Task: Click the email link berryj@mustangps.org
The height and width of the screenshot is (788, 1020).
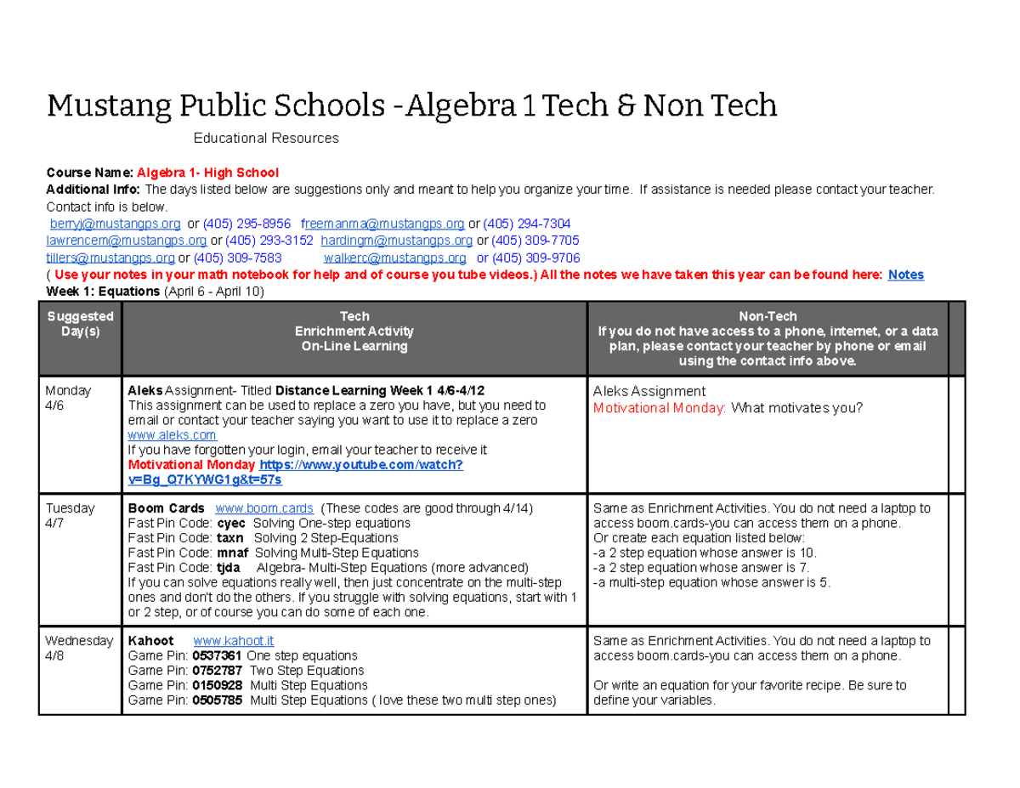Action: [x=115, y=224]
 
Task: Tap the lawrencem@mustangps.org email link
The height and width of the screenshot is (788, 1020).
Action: [x=126, y=241]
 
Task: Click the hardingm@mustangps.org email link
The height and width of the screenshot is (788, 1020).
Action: [x=396, y=241]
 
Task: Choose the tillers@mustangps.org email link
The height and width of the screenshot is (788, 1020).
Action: [x=110, y=258]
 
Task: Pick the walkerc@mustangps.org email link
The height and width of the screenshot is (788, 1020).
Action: [x=394, y=258]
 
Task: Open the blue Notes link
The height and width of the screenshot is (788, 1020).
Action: [x=905, y=275]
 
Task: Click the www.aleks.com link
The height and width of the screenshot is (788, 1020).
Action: [x=171, y=435]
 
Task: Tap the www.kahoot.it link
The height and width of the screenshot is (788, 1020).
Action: [x=234, y=641]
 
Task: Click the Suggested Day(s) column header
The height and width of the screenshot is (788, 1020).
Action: [x=81, y=323]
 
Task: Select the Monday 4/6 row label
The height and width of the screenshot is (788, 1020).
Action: [x=68, y=398]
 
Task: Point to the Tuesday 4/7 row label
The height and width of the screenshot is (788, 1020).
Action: [x=70, y=516]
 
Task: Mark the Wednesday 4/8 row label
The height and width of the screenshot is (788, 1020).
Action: [x=78, y=649]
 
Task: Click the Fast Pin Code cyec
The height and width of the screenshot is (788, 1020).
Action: [x=231, y=524]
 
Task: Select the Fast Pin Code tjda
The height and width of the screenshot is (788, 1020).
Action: [x=229, y=568]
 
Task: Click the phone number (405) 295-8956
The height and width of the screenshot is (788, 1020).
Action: [x=246, y=224]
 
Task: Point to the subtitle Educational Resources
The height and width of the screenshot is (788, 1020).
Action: [x=266, y=138]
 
